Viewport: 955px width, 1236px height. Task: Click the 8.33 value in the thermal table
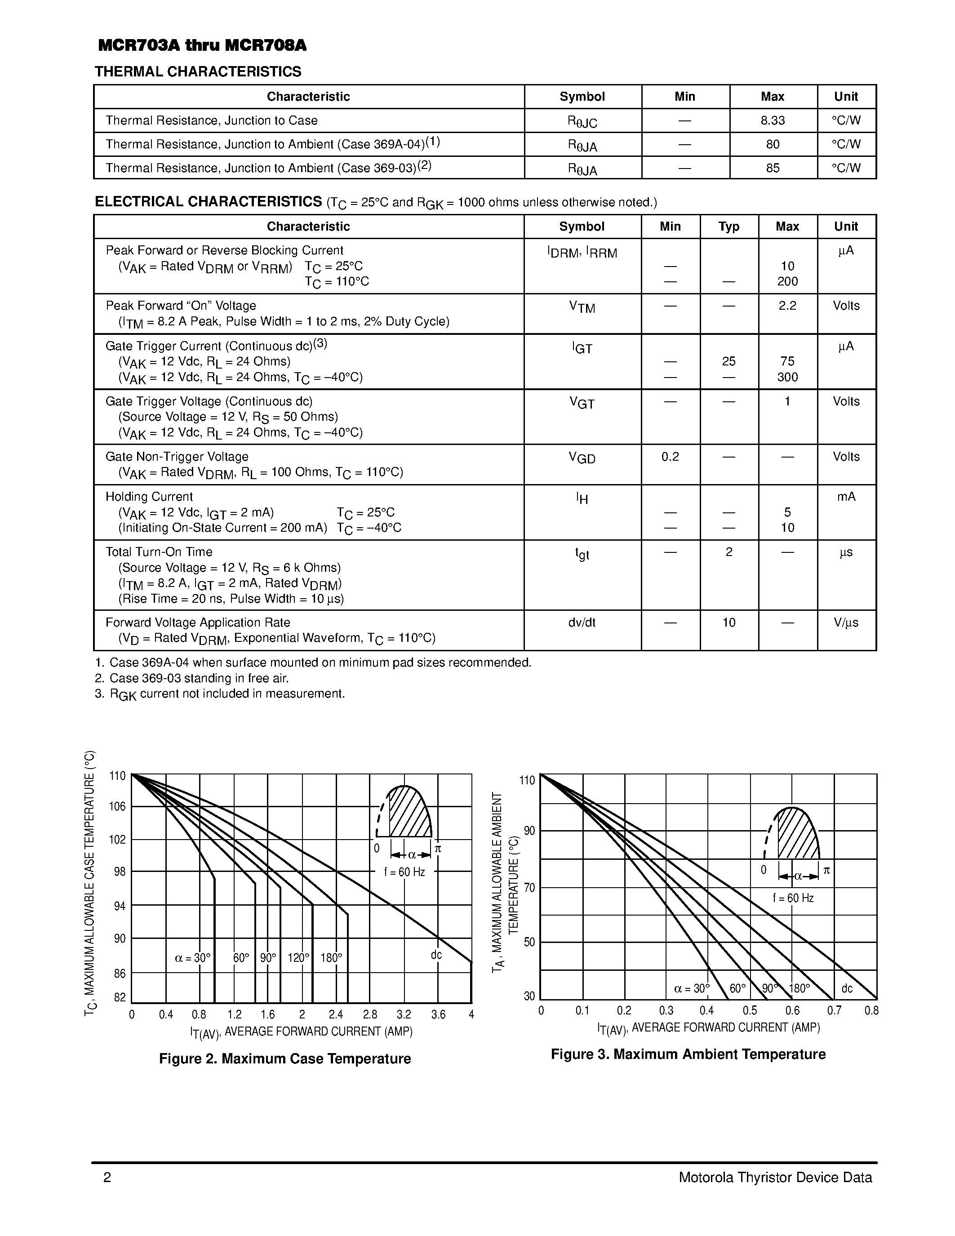[x=772, y=120]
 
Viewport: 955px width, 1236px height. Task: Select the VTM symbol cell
[x=582, y=307]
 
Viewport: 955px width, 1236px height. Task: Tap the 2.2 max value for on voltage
[x=787, y=306]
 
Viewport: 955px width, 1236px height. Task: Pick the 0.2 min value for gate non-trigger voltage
[x=670, y=456]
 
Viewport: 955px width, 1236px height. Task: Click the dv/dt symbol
[x=582, y=622]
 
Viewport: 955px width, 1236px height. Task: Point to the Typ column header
[x=728, y=227]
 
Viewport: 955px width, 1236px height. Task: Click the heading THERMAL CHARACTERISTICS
[x=198, y=72]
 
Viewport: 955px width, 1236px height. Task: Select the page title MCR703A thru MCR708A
[x=202, y=46]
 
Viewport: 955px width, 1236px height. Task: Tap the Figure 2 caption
[x=284, y=1058]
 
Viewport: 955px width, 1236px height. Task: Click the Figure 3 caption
[x=688, y=1054]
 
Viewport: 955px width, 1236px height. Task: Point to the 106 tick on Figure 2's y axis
[x=118, y=806]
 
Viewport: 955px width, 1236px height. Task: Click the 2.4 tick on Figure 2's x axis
[x=336, y=1015]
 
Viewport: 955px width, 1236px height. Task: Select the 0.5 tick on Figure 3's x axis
[x=750, y=1011]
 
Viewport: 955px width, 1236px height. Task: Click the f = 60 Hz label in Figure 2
[x=404, y=872]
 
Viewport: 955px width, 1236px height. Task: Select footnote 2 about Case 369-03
[x=192, y=678]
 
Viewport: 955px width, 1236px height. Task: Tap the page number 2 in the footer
[x=107, y=1178]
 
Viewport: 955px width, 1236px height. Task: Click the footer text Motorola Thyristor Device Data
[x=775, y=1178]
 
